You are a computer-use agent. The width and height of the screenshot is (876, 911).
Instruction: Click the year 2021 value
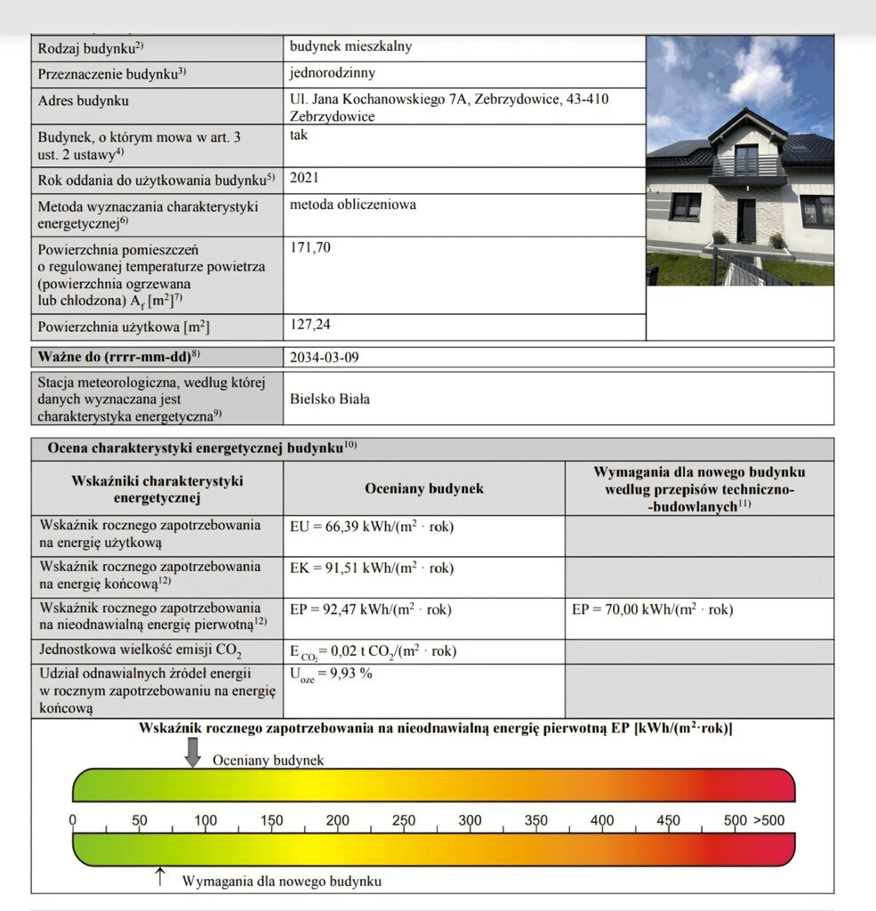[x=305, y=178]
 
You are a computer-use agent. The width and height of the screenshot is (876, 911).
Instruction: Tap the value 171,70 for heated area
[x=309, y=247]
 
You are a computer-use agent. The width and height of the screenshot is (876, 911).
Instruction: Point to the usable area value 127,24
[x=309, y=325]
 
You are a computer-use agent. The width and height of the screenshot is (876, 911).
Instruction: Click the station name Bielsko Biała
[x=330, y=399]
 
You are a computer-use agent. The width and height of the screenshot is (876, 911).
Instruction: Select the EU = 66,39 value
[x=372, y=527]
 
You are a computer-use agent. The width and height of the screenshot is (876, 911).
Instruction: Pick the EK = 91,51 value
[x=372, y=568]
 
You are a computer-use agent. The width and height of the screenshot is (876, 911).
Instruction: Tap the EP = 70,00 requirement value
[x=652, y=610]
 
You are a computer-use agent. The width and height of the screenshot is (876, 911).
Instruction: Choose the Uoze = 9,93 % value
[x=331, y=673]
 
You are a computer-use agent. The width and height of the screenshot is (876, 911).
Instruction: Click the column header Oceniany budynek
[x=424, y=488]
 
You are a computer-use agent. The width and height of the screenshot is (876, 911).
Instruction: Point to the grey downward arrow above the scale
[x=192, y=753]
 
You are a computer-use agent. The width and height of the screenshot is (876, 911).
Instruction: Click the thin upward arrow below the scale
[x=160, y=876]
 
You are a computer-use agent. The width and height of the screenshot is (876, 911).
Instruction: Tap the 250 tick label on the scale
[x=404, y=820]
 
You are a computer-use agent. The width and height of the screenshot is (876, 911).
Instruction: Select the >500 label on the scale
[x=769, y=820]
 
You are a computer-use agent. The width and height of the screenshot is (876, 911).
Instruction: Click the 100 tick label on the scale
[x=205, y=820]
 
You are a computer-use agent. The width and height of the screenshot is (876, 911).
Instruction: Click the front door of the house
[x=747, y=221]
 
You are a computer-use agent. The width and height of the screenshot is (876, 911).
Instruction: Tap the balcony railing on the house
[x=747, y=167]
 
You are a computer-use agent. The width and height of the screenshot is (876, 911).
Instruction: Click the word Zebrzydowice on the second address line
[x=332, y=117]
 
